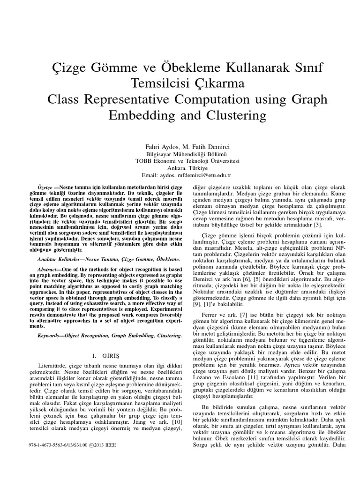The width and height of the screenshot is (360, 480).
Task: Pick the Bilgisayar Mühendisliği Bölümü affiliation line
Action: tap(180, 154)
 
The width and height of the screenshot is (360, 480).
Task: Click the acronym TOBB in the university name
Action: tap(144, 161)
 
